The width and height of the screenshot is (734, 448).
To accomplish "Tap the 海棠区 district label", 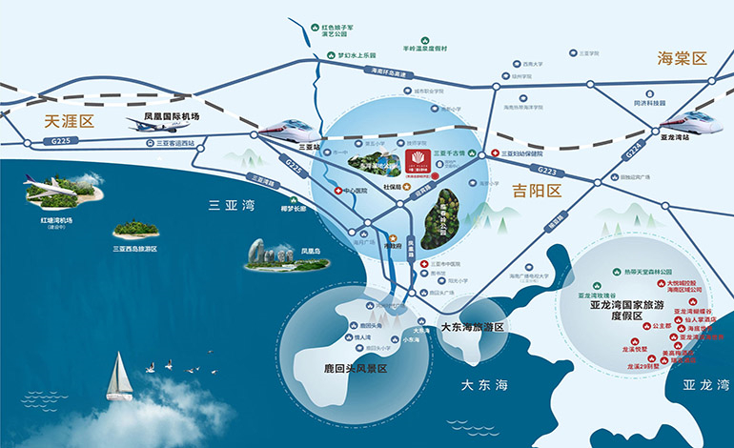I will point(683,59).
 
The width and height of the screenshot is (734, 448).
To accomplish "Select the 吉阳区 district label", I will point(537,191).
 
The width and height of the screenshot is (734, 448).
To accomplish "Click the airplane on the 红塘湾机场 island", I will point(59,186).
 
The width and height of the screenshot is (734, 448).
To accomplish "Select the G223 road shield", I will point(546,170).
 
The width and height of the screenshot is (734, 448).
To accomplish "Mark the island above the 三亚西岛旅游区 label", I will point(136,230).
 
